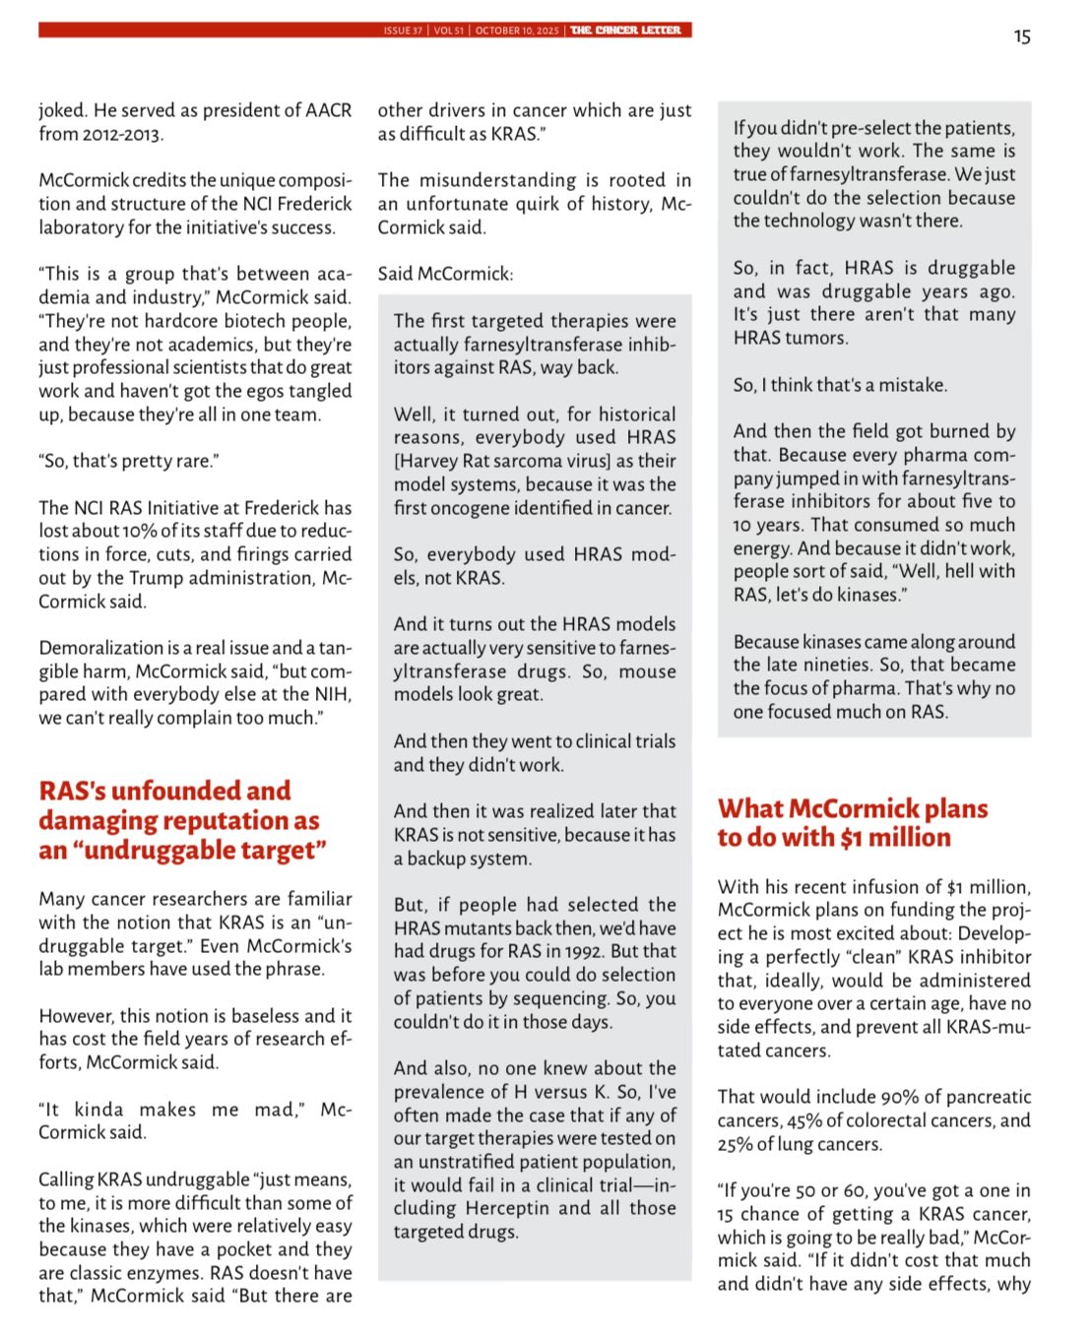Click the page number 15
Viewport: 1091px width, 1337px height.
pyautogui.click(x=1022, y=36)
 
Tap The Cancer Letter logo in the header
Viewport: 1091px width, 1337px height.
pyautogui.click(x=625, y=31)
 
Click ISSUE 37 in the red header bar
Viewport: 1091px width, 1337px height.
pyautogui.click(x=403, y=31)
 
